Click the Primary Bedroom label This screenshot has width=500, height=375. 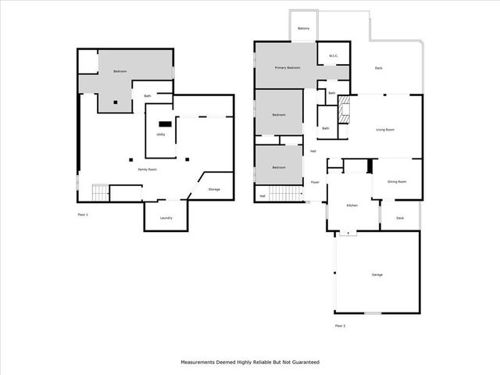(287, 69)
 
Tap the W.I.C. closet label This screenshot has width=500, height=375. (333, 55)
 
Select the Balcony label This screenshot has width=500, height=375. (303, 29)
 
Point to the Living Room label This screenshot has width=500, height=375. (384, 130)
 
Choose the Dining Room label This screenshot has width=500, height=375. (397, 181)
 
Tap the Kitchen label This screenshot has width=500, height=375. (352, 205)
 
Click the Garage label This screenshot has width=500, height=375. (377, 274)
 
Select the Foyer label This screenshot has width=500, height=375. (315, 181)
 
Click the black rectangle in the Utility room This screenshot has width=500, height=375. (164, 123)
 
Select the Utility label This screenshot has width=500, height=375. (160, 134)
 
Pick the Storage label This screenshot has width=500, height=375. (214, 189)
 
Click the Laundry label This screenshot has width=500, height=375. (166, 218)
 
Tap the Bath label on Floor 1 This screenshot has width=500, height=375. (146, 96)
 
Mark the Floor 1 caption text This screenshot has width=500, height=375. (83, 214)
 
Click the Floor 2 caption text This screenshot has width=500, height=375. (340, 325)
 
